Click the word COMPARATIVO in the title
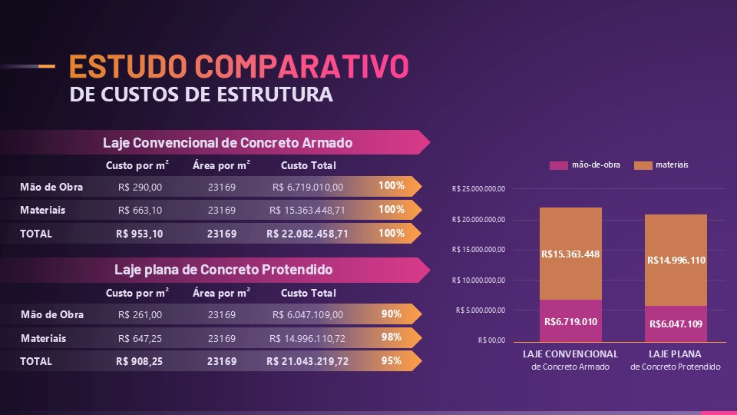coord(301,67)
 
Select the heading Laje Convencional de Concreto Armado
coord(227,143)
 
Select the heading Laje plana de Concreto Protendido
coord(223,270)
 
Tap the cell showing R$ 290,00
coord(140,187)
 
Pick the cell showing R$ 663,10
coord(140,210)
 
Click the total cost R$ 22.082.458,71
coord(307,234)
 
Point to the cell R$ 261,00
coord(140,314)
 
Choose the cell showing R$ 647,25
coord(140,338)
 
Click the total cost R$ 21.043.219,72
coord(307,361)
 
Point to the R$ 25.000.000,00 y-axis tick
coord(479,189)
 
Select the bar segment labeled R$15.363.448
coord(570,254)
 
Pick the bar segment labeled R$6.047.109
coord(676,324)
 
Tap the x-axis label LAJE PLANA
coord(676,354)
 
